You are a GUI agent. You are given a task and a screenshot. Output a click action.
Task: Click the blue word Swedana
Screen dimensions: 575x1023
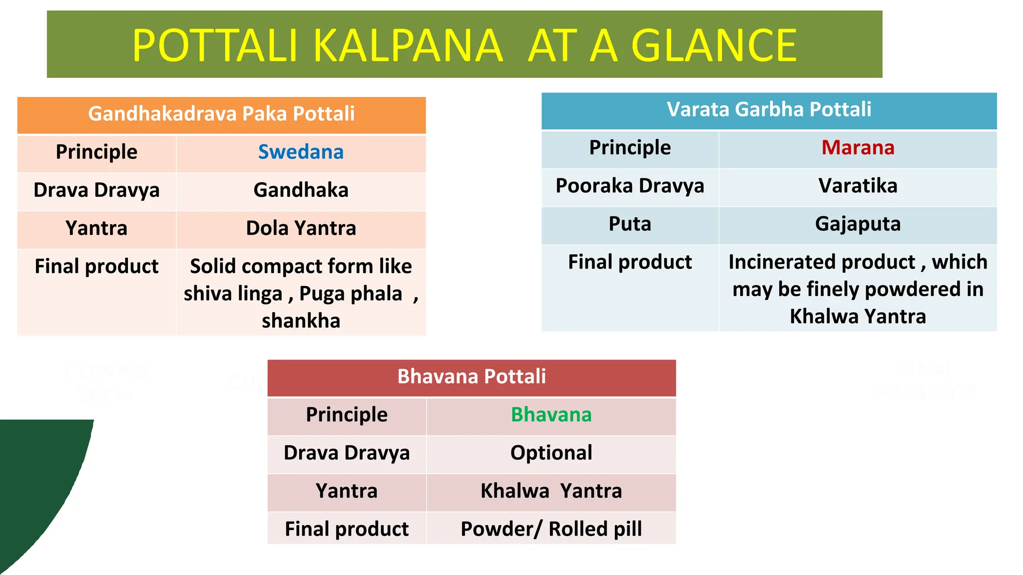301,152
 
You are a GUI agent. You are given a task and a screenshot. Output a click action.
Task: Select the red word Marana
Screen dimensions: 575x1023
858,148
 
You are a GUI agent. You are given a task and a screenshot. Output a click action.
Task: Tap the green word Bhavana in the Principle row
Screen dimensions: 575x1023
551,415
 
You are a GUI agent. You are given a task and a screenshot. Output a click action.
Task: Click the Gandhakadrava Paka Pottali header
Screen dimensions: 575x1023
221,114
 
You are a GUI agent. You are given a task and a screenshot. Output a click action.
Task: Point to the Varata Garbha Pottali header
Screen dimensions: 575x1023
769,109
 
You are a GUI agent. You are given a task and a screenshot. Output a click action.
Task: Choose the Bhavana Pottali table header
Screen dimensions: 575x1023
472,376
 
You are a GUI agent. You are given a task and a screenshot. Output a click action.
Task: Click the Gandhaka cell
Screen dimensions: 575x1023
301,190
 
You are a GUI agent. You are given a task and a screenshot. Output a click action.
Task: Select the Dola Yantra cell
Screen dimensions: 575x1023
301,229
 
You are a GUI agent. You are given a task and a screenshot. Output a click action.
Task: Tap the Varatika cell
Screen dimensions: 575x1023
858,186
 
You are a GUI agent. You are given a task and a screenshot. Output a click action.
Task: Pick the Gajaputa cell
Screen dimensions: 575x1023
858,224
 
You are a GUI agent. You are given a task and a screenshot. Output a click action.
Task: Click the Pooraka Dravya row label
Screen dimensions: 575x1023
629,186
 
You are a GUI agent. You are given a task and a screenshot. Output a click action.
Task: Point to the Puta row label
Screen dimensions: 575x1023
629,224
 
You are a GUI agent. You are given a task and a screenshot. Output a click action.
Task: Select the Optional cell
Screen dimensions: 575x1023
551,453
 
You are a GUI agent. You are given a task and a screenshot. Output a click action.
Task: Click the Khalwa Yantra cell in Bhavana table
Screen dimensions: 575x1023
551,491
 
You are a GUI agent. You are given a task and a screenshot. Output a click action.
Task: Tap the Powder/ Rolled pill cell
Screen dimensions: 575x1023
551,529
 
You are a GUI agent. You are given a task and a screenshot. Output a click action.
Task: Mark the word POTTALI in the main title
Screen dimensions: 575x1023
215,46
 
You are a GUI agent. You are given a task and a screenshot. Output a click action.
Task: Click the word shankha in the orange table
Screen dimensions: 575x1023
301,321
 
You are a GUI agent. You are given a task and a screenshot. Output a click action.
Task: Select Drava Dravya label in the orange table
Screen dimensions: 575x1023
96,190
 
